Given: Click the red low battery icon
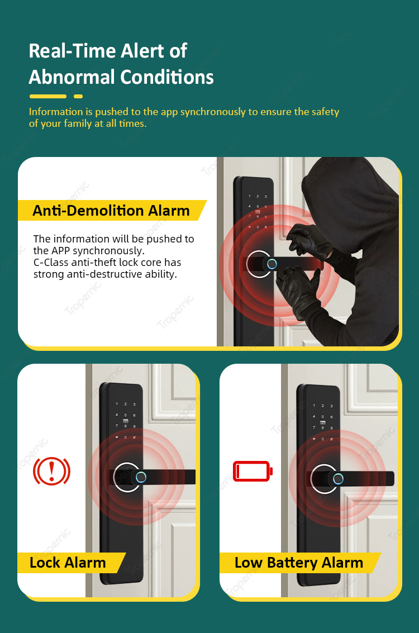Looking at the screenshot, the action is click(253, 471).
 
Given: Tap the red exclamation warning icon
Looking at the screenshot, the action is click(51, 471).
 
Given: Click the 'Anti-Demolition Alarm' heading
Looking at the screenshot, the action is click(111, 210).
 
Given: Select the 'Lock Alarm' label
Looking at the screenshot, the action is click(68, 563).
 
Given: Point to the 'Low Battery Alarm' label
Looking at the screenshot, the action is click(299, 563).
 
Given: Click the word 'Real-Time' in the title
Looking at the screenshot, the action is click(72, 51).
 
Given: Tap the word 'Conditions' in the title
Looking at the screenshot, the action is click(167, 77).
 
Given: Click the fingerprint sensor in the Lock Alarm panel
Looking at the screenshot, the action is click(141, 477).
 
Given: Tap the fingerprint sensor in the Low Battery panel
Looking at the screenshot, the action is click(338, 479).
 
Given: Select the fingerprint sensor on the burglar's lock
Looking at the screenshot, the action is click(272, 264).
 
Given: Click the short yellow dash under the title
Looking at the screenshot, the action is click(78, 97).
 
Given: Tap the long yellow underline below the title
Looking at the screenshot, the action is click(47, 97).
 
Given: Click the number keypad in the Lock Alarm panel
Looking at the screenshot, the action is click(126, 420).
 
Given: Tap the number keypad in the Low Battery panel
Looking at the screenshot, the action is click(322, 422).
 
